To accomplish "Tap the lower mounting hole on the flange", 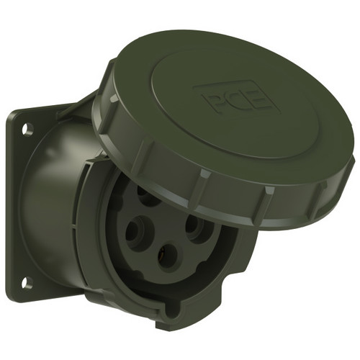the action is [x=26, y=283].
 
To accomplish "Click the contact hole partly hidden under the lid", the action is [x=147, y=197].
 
